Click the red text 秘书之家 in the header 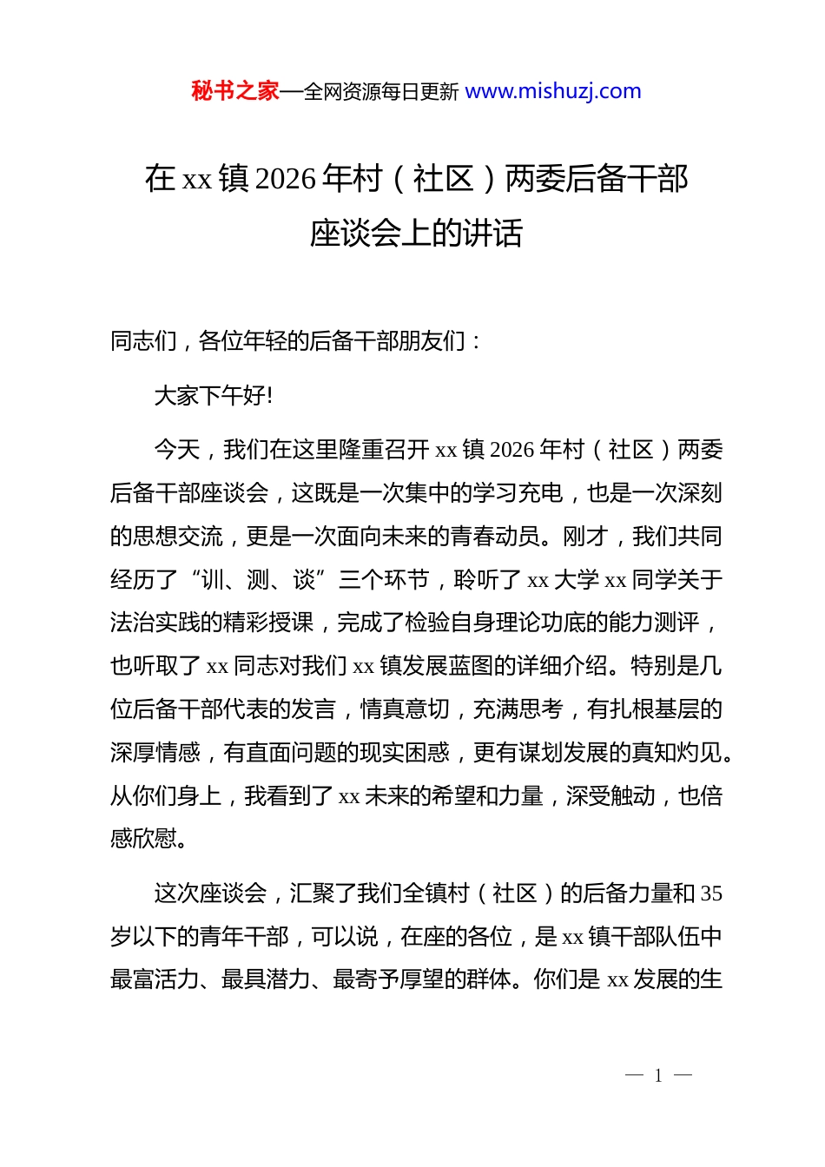(235, 91)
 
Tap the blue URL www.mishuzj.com (553, 91)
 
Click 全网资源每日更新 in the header (380, 92)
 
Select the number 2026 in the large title (287, 179)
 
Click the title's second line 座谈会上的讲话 (416, 233)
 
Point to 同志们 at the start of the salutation (143, 341)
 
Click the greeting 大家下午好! (214, 396)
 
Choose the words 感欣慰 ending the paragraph (143, 839)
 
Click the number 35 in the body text (711, 893)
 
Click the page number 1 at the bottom (658, 1076)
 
